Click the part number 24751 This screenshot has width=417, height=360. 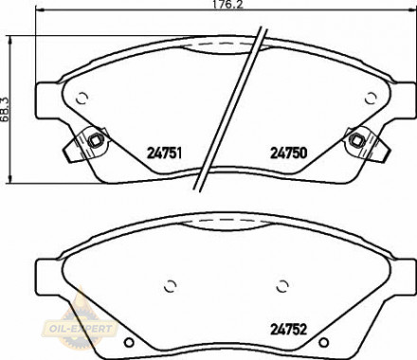click(164, 153)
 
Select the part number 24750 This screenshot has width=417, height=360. click(289, 153)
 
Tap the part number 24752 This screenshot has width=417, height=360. click(288, 330)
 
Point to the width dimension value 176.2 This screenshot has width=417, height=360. click(227, 4)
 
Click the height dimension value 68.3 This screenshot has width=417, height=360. click(5, 109)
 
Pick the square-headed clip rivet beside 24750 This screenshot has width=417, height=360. click(356, 139)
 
